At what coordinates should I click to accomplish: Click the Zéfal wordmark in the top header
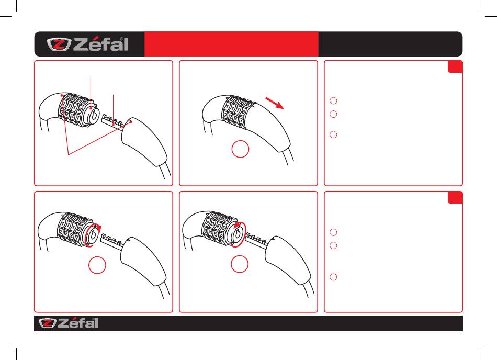click(100, 44)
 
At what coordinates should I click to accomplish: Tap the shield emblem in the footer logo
click(48, 323)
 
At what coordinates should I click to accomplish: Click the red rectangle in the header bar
click(231, 44)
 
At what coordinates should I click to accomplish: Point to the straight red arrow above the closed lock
click(275, 103)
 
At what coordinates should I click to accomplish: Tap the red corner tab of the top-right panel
click(455, 66)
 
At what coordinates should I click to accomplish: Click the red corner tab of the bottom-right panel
click(455, 197)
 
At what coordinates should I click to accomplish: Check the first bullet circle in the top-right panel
click(333, 101)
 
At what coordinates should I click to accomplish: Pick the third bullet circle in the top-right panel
click(333, 134)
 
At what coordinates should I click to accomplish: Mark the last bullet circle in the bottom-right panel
click(333, 277)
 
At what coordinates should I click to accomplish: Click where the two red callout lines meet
click(69, 154)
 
